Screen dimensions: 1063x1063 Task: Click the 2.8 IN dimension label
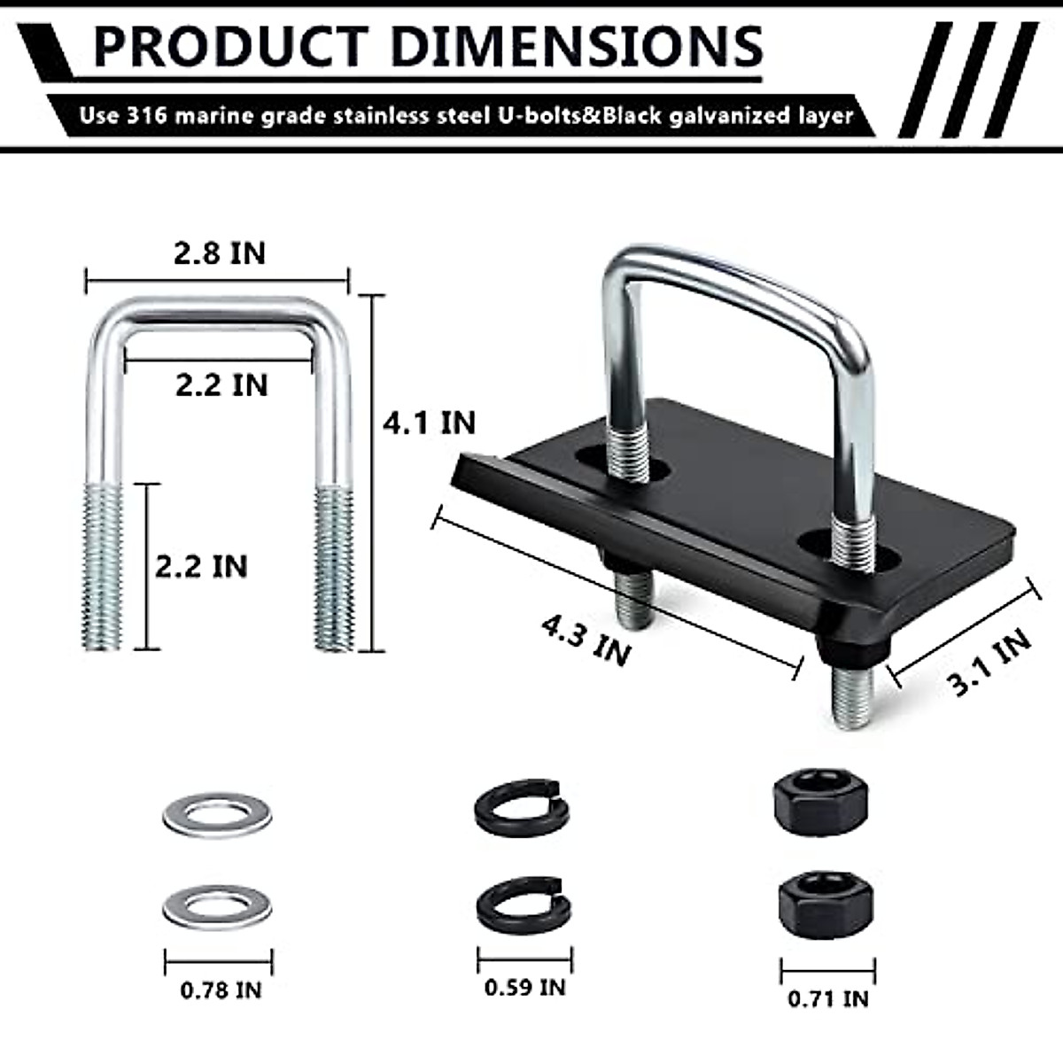(x=219, y=253)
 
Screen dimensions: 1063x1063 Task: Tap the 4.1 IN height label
(x=429, y=423)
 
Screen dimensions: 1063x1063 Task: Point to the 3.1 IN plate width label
(x=989, y=662)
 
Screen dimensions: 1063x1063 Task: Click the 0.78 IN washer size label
(x=221, y=989)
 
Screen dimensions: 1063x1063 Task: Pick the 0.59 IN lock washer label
(x=524, y=987)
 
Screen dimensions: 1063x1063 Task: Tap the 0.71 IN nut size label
(x=827, y=998)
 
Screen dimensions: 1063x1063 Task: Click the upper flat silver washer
(x=217, y=811)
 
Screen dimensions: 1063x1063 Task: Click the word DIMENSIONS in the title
(x=576, y=46)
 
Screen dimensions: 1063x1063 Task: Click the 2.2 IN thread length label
(x=201, y=567)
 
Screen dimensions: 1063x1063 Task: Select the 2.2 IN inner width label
(x=221, y=385)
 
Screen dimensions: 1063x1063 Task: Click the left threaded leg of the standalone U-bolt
(x=104, y=567)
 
